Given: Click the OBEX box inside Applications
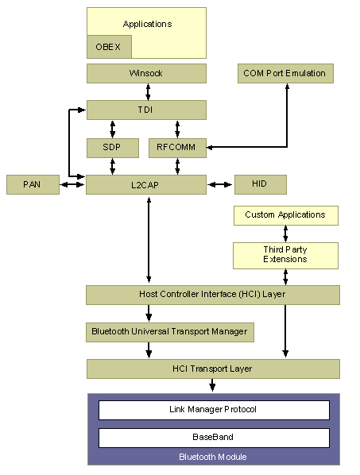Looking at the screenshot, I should pos(108,47).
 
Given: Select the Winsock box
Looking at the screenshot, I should pos(146,74).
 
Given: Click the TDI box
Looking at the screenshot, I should pos(146,110).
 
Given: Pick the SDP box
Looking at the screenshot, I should pos(112,147).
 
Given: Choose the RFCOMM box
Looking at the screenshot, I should pos(177,147).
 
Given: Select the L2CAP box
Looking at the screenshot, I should pos(146,184).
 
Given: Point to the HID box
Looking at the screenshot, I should pos(260,184).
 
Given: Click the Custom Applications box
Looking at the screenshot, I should pos(285,215).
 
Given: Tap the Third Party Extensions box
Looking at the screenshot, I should pos(285,255).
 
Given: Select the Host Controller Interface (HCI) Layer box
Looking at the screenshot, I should pos(212,295).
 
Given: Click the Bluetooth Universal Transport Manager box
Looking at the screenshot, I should pos(170,332).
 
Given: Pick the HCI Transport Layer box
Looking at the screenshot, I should pos(212,369).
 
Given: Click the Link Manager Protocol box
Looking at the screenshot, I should pos(214,410).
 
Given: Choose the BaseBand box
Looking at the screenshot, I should pos(214,438).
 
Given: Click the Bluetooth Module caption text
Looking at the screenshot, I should pos(213,457).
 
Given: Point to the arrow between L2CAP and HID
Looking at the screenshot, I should pos(220,184).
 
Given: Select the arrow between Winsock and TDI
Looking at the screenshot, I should pos(147,91).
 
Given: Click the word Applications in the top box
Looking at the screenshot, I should pos(147,24).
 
